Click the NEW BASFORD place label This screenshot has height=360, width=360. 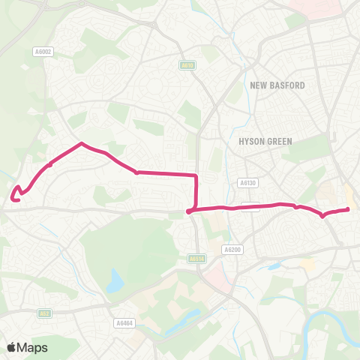tap(277, 85)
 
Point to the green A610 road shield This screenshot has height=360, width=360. tap(187, 65)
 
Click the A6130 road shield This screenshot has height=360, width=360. tap(248, 182)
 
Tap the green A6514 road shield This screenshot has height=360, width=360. tap(196, 259)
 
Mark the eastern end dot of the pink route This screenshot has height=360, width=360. tap(348, 210)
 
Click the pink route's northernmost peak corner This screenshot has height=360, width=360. tap(81, 143)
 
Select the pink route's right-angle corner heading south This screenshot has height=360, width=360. tap(196, 176)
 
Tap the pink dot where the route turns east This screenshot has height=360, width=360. tap(189, 211)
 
